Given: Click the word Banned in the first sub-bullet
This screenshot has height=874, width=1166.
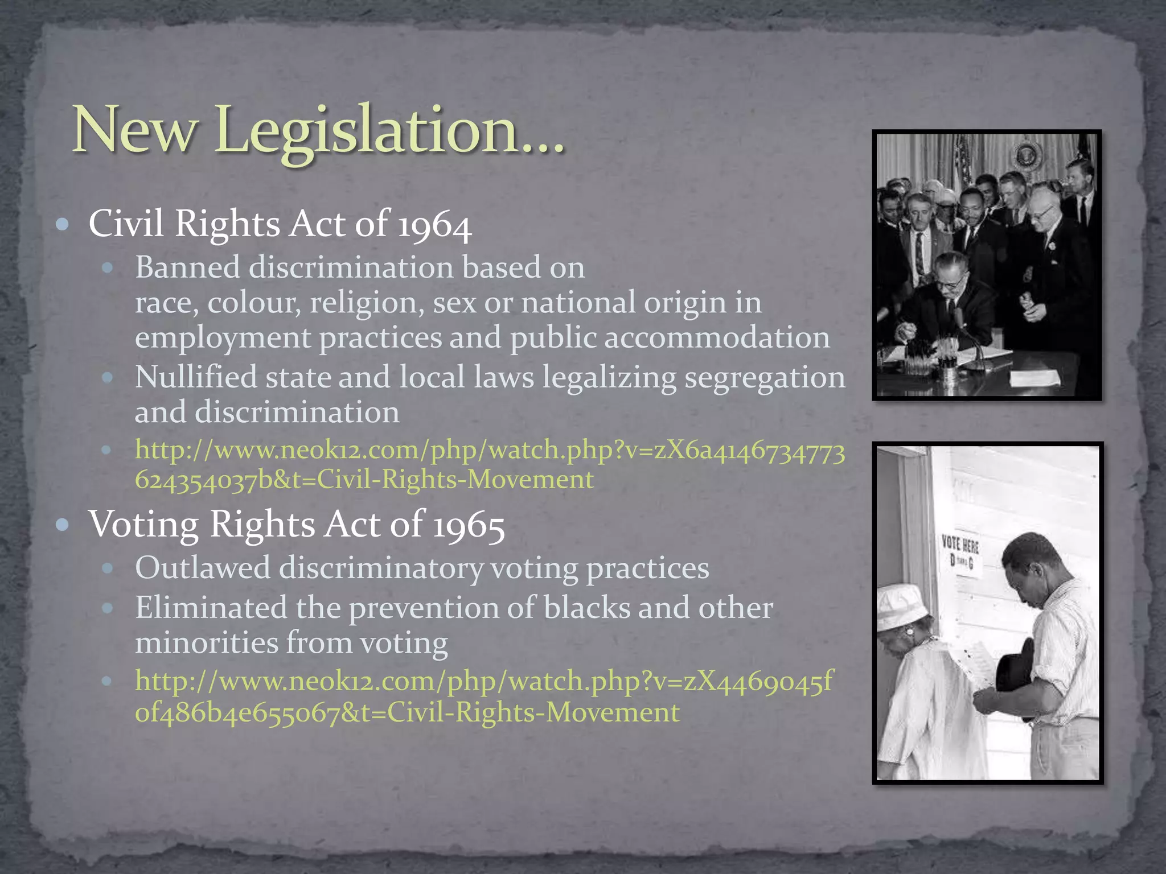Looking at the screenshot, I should click(x=187, y=267).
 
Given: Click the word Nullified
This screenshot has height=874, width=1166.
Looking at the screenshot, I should click(x=196, y=377).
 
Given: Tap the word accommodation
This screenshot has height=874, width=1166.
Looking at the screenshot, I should click(x=716, y=338).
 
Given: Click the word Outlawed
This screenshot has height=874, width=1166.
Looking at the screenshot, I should click(x=203, y=568).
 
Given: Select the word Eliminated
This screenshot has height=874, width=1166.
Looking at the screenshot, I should click(x=211, y=608).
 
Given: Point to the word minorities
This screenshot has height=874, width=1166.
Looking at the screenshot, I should click(x=206, y=643).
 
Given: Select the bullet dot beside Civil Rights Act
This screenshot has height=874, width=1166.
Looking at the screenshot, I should click(x=63, y=224).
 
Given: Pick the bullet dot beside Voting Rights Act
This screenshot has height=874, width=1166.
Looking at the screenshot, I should click(x=63, y=525).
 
